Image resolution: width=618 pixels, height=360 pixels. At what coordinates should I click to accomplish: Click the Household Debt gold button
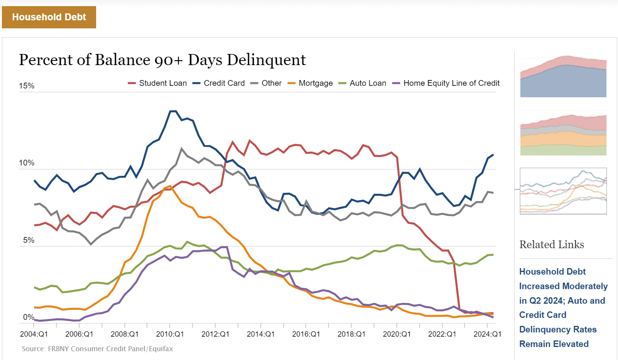[49, 17]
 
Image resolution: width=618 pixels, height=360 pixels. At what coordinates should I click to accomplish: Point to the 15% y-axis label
[27, 86]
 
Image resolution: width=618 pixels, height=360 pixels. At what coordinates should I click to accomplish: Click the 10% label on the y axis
[27, 163]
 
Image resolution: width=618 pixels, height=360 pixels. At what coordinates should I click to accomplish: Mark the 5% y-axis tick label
[29, 240]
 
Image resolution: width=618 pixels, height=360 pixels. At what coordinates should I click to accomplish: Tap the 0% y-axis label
[29, 317]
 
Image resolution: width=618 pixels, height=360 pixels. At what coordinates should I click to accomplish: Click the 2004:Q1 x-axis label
[34, 334]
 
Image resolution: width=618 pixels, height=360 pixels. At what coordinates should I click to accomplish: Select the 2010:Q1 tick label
[170, 334]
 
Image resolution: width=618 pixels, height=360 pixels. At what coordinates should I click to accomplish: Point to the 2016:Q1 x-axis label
[306, 334]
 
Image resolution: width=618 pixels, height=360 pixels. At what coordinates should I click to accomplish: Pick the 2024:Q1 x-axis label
[487, 334]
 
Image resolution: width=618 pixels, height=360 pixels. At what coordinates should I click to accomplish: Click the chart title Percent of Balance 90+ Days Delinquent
[162, 60]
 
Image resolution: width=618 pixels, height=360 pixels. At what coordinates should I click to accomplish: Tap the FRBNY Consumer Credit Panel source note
[97, 349]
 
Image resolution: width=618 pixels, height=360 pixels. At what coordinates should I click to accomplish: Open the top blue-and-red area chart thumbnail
[563, 77]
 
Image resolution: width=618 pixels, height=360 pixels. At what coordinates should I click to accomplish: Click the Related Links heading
[552, 245]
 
